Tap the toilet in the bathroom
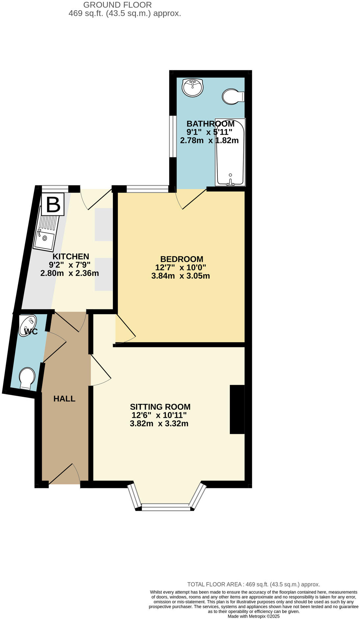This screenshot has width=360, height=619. tap(233, 96)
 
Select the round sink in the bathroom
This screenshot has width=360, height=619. tap(193, 87)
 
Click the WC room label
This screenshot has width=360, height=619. tap(31, 332)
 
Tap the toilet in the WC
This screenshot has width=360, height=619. tap(27, 378)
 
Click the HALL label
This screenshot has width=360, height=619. tap(65, 399)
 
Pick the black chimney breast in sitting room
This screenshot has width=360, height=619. tap(237, 409)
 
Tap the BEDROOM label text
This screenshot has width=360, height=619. tap(181, 259)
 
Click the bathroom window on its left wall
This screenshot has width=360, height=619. tap(172, 136)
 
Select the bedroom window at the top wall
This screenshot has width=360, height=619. tap(147, 189)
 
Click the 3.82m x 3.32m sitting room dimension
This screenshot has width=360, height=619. tap(159, 424)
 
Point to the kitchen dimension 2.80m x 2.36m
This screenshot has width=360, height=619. tap(69, 273)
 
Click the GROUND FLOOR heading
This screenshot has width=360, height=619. tap(118, 5)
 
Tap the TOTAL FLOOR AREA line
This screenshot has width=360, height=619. tap(254, 584)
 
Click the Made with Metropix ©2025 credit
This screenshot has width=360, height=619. tap(254, 616)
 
